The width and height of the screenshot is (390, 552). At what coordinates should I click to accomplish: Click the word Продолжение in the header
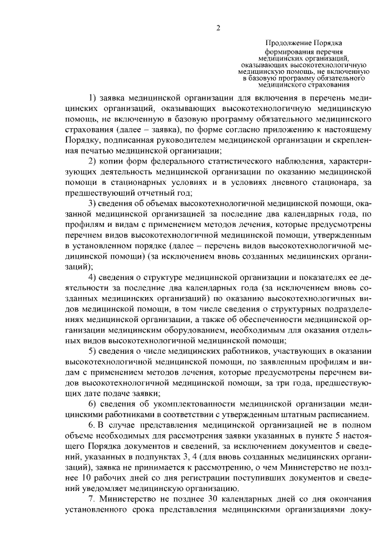(288, 42)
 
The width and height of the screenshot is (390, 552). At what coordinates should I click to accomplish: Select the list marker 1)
(93, 98)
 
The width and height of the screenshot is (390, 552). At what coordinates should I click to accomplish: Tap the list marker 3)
(93, 202)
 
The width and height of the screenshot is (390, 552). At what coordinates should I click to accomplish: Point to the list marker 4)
(93, 278)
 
